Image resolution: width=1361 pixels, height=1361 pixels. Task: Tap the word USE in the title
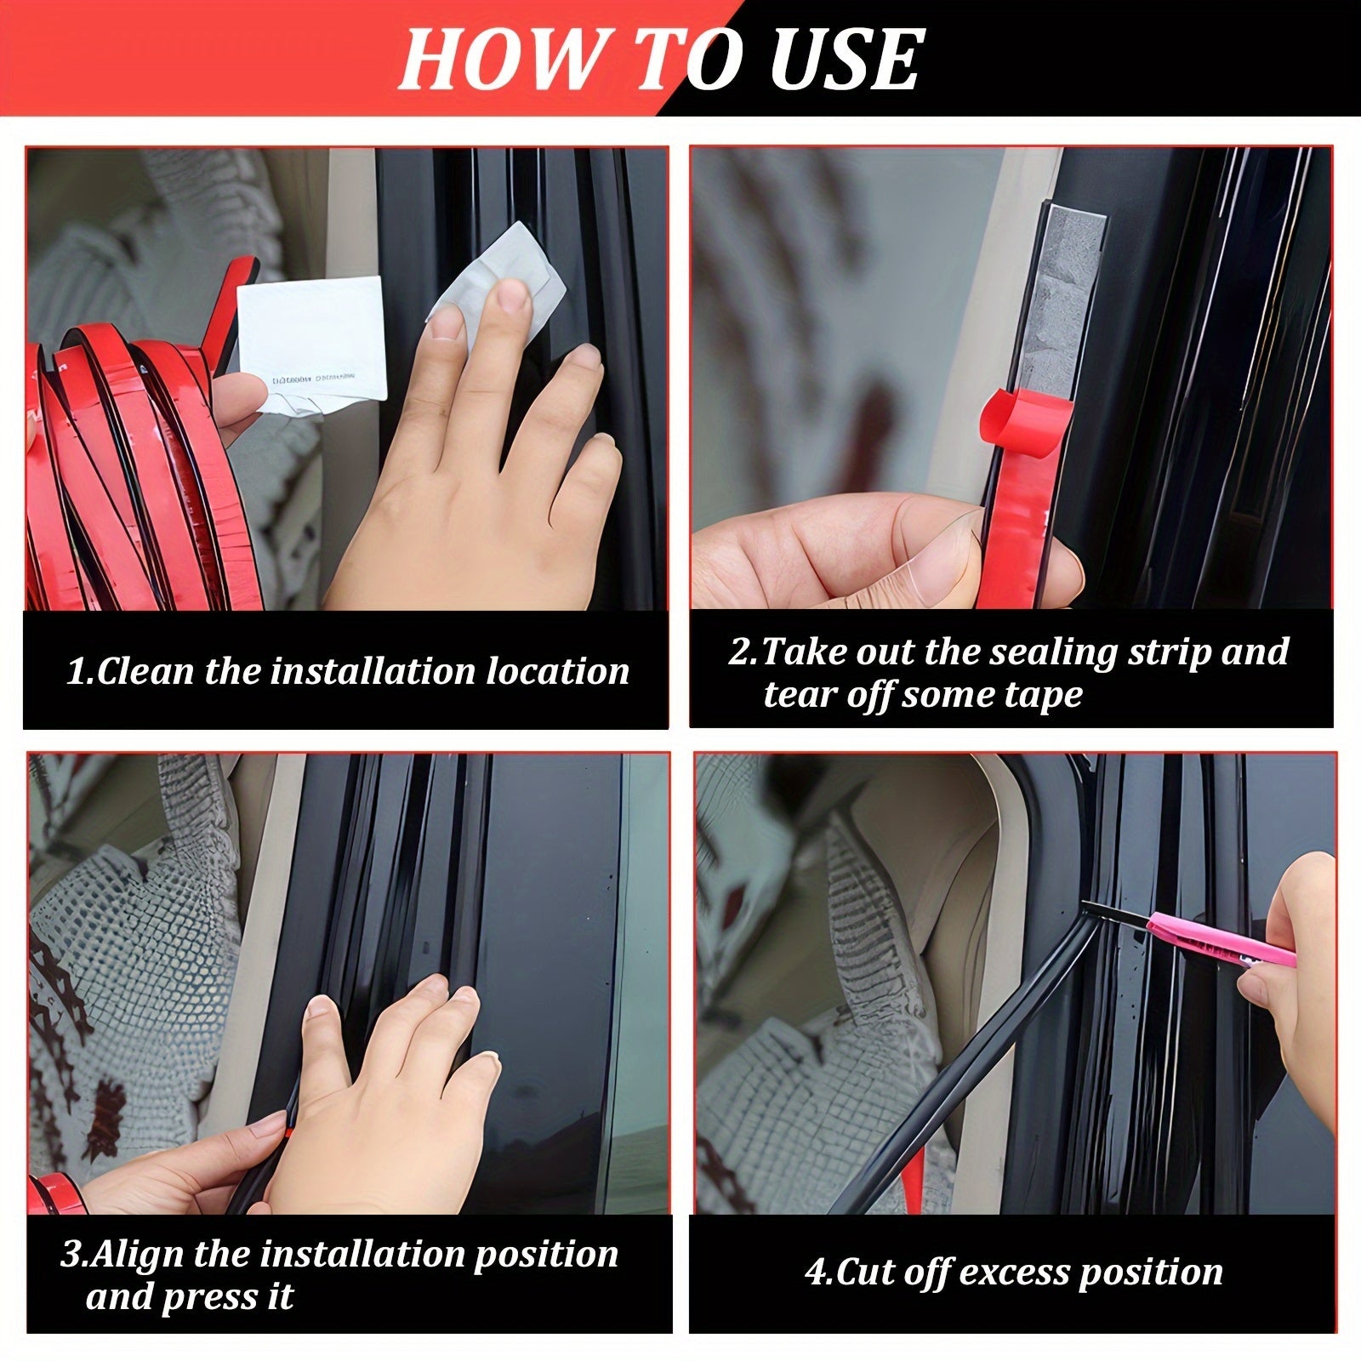click(844, 60)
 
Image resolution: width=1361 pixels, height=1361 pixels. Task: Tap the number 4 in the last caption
click(815, 1273)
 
